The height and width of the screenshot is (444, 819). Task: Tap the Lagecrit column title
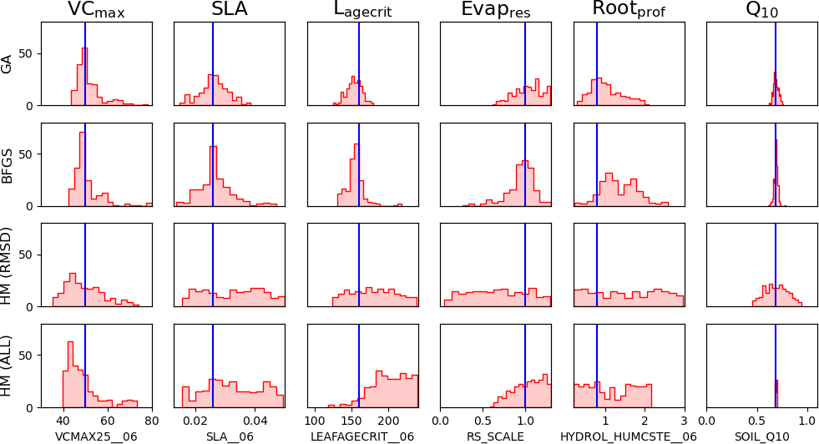point(361,10)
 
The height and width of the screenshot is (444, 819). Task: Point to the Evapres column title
point(495,10)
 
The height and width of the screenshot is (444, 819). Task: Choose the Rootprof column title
point(628,10)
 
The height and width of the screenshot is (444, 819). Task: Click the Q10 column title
point(761,10)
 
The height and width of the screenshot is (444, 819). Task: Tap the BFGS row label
point(8,164)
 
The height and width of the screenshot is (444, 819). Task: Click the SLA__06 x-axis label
point(229,436)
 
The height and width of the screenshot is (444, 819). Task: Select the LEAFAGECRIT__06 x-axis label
point(362,436)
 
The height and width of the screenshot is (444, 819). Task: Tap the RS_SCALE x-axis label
point(495,436)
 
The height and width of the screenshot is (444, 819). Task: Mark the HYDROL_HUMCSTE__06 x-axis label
point(628,436)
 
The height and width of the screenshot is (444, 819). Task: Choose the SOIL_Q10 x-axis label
point(761,436)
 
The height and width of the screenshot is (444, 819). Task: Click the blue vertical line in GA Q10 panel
point(776,50)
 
